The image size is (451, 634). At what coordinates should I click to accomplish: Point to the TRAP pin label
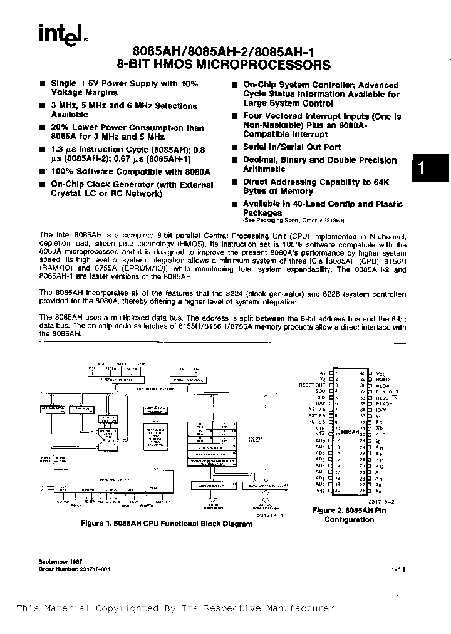321,403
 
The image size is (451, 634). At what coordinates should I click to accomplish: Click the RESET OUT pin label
317,385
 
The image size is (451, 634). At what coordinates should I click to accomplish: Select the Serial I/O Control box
187,380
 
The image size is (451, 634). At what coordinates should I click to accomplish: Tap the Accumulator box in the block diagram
51,408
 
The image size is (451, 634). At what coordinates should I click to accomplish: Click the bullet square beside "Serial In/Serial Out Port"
234,147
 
